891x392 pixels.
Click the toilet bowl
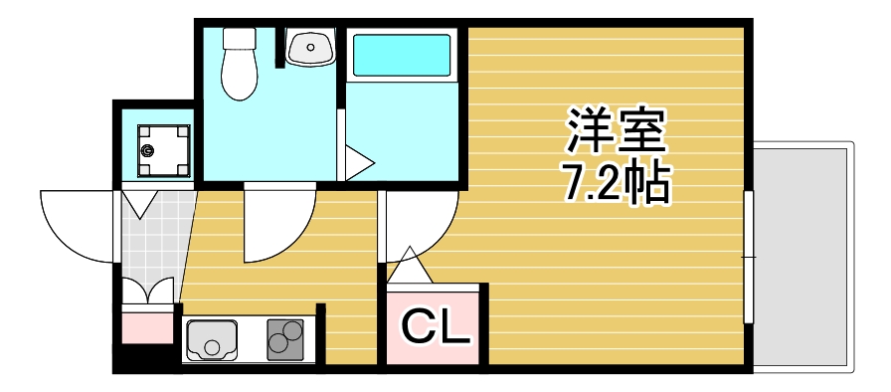pos(239,76)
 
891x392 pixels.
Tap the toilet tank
pos(239,39)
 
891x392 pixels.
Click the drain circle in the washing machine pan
pos(149,151)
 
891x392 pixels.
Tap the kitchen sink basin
pos(212,339)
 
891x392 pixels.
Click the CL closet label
pos(435,326)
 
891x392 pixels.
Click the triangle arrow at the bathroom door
pos(358,162)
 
